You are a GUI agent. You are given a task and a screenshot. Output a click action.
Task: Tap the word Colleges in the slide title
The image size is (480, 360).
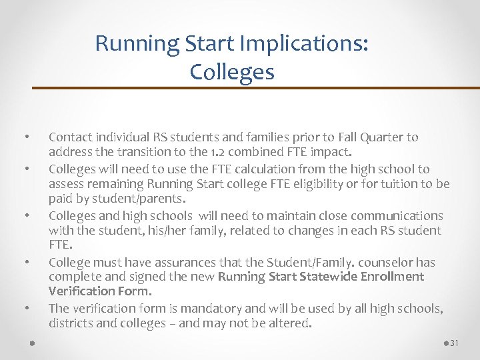[x=231, y=71]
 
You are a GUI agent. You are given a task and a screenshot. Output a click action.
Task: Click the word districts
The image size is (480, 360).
[x=69, y=323]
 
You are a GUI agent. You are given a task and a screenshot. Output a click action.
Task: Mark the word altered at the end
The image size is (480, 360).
[x=290, y=323]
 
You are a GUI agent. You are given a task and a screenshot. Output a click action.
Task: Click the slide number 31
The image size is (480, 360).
[x=455, y=343]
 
